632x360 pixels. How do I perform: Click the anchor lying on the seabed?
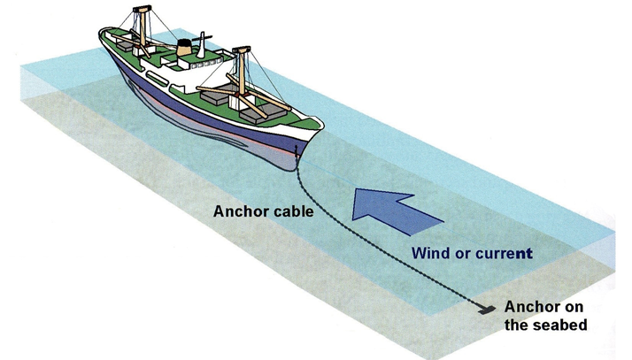(484, 309)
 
